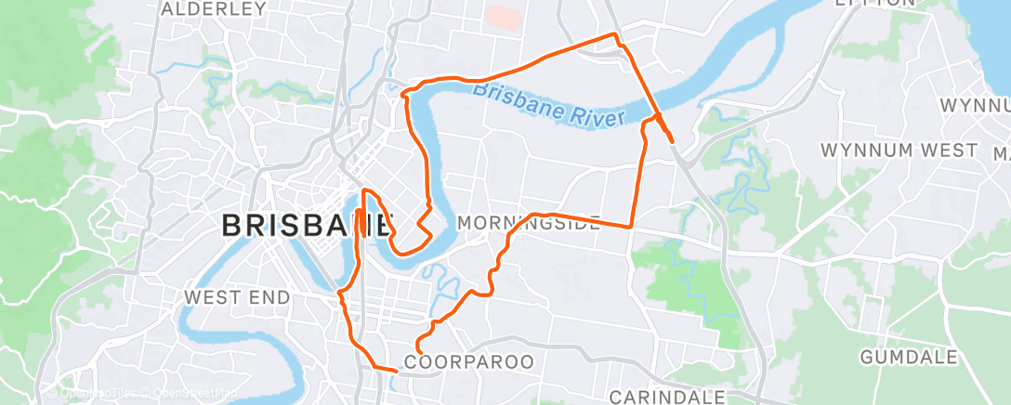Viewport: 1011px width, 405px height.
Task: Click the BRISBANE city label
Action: click(x=306, y=225)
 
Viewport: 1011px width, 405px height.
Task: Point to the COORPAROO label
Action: click(x=470, y=361)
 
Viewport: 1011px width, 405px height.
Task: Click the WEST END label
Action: click(x=237, y=297)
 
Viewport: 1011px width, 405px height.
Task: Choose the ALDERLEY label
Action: click(x=214, y=8)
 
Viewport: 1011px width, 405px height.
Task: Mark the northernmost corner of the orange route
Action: click(x=614, y=34)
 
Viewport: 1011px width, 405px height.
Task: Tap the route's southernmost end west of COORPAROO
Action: click(x=397, y=371)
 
